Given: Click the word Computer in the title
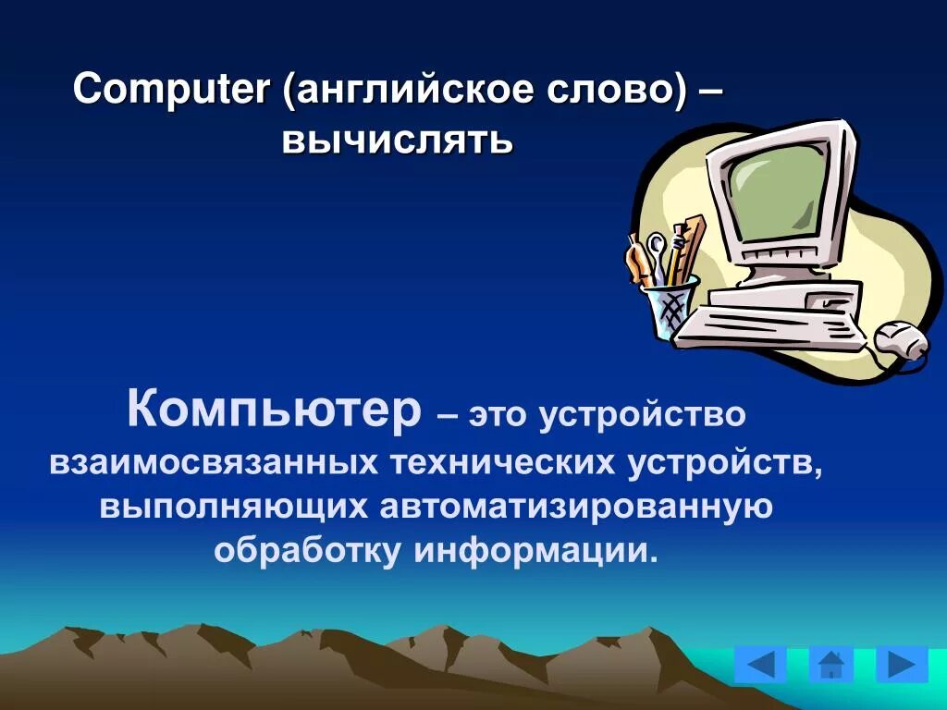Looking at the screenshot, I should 172,91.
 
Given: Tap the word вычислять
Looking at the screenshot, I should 398,141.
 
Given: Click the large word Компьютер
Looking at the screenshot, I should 274,410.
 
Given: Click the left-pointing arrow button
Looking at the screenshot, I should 760,664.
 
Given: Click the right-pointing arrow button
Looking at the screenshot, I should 901,664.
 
